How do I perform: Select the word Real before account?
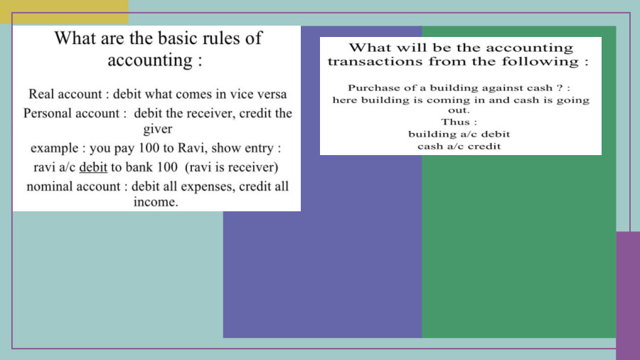[x=42, y=94]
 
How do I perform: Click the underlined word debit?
[x=92, y=168]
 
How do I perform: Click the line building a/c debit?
[x=459, y=134]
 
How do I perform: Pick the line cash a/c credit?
[x=459, y=146]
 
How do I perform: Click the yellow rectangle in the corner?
[x=64, y=11]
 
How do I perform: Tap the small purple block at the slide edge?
[x=627, y=295]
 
